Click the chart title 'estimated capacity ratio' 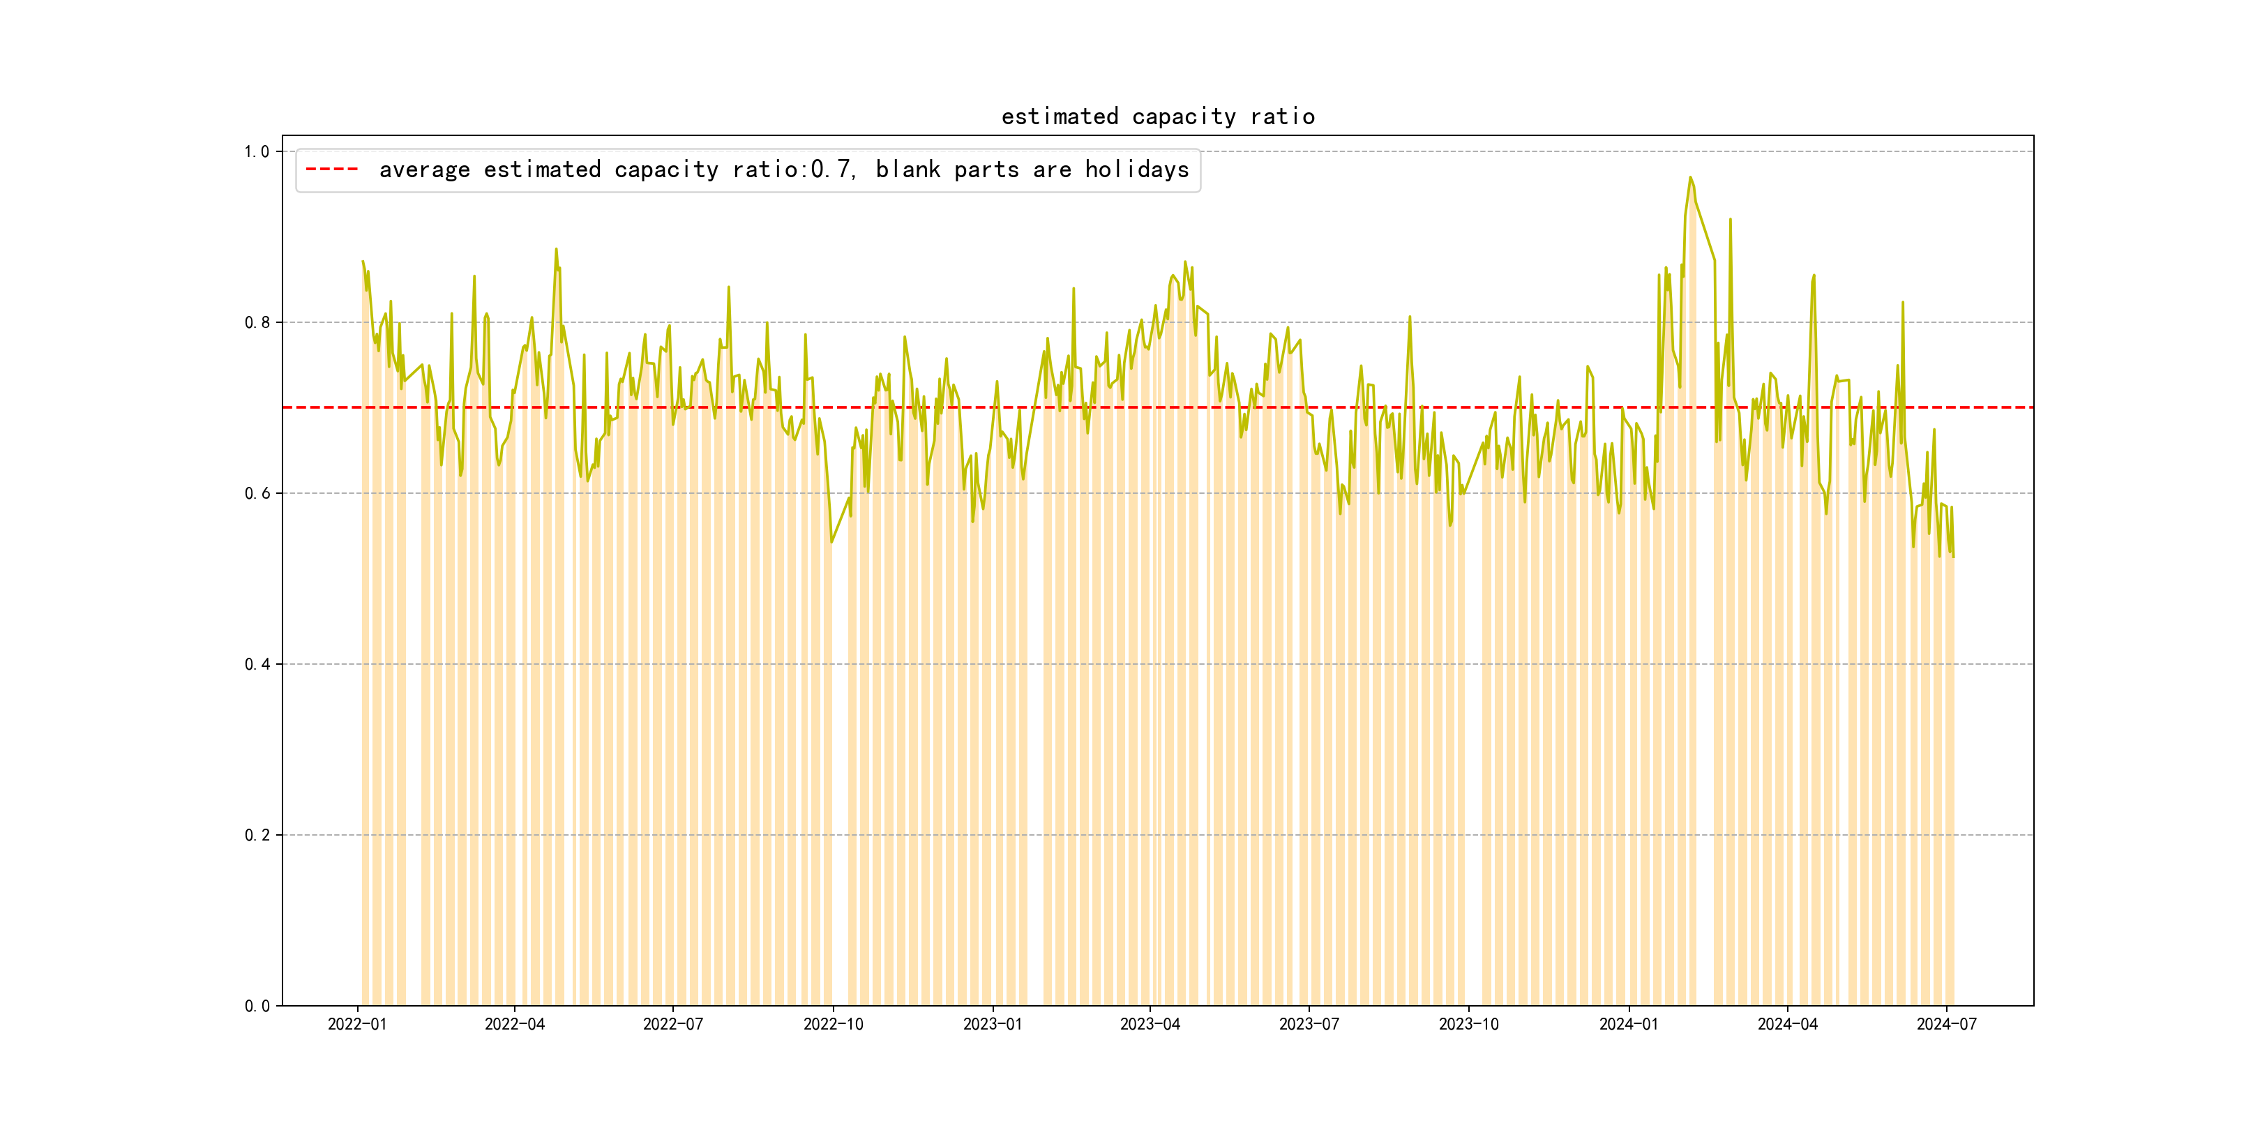coord(1157,116)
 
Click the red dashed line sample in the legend coord(331,169)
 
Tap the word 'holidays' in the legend coord(1136,169)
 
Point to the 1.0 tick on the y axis coord(257,152)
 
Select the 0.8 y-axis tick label coord(257,323)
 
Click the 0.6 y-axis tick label coord(257,493)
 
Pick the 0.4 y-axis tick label coord(257,664)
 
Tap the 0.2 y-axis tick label coord(257,835)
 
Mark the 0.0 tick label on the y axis coord(257,1007)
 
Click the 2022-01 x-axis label coord(357,1025)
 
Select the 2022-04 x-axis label coord(514,1025)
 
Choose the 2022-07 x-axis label coord(673,1025)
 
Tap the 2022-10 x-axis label coord(833,1025)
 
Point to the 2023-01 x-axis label coord(993,1025)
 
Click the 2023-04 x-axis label coord(1150,1025)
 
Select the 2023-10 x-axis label coord(1468,1025)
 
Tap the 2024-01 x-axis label coord(1628,1025)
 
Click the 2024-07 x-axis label coord(1946,1025)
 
